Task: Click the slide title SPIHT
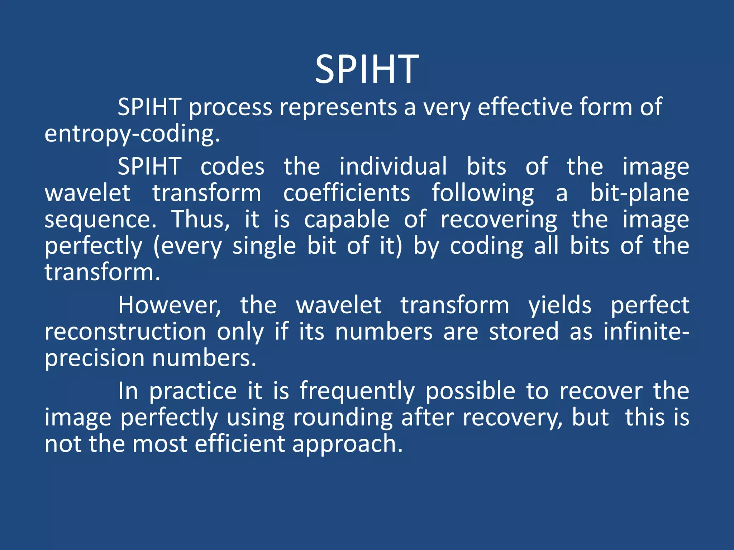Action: (367, 69)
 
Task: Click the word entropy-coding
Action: (132, 134)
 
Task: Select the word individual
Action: (393, 167)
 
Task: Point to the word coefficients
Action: (347, 193)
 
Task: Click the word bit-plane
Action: (639, 194)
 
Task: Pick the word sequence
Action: (100, 220)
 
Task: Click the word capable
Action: (347, 219)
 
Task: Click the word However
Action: (170, 305)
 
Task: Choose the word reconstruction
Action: (125, 332)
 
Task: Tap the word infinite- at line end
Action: (646, 332)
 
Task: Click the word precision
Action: (94, 359)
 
